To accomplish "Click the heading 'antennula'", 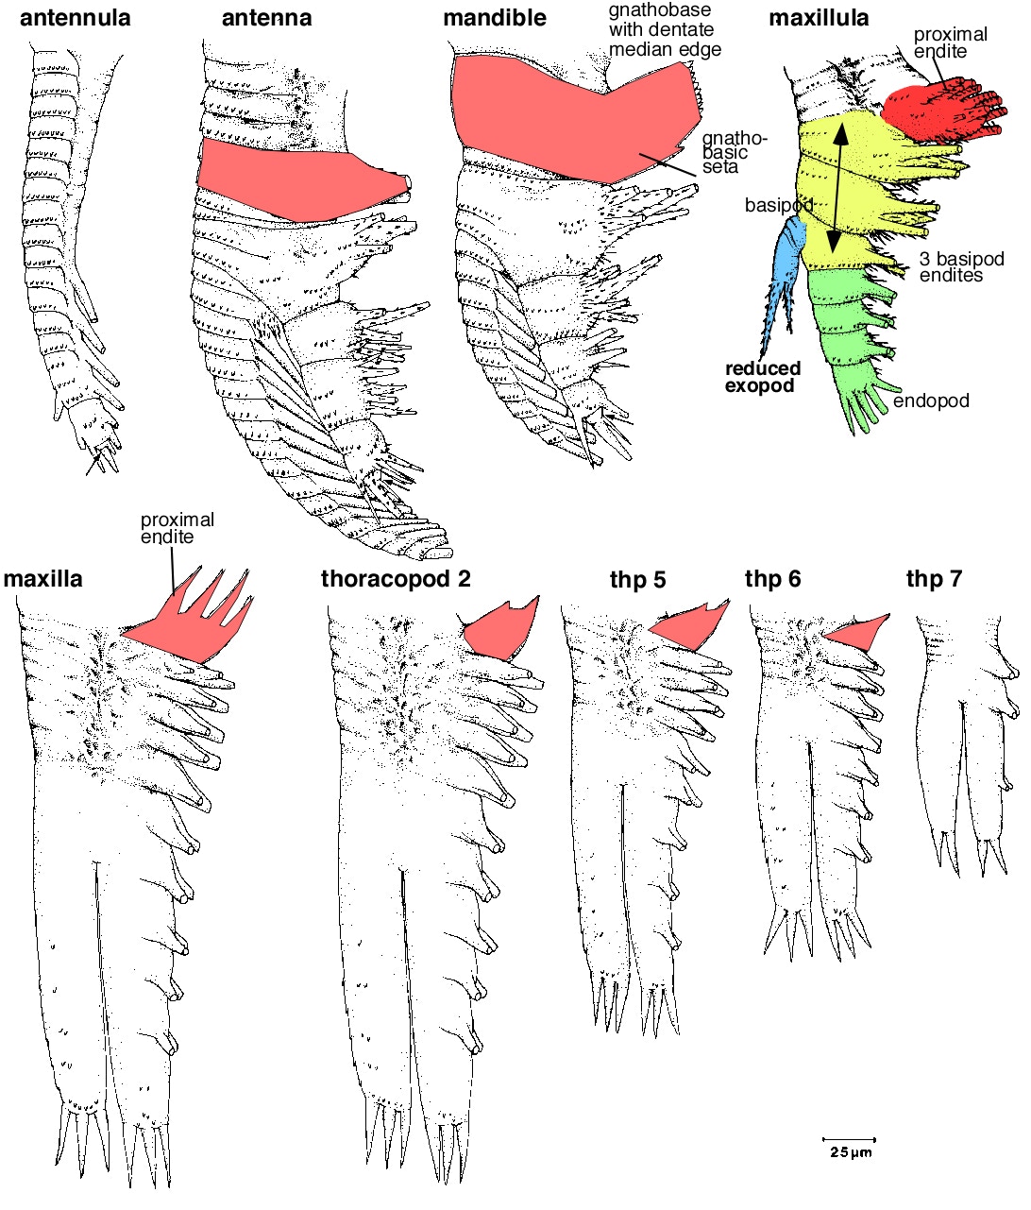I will [75, 18].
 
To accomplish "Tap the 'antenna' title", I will [266, 18].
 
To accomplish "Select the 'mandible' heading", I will [495, 18].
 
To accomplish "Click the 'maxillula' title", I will [819, 18].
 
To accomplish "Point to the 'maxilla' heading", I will [43, 578].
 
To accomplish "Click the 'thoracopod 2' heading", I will [396, 578].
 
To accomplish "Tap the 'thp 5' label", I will [637, 579].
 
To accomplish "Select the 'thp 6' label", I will [772, 578].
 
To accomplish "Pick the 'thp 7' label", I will [934, 578].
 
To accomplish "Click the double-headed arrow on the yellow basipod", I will [837, 189].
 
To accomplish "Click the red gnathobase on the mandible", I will [566, 113].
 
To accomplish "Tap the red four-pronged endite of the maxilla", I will [198, 623].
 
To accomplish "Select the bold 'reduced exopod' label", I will [763, 377].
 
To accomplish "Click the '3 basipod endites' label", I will [960, 267].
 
